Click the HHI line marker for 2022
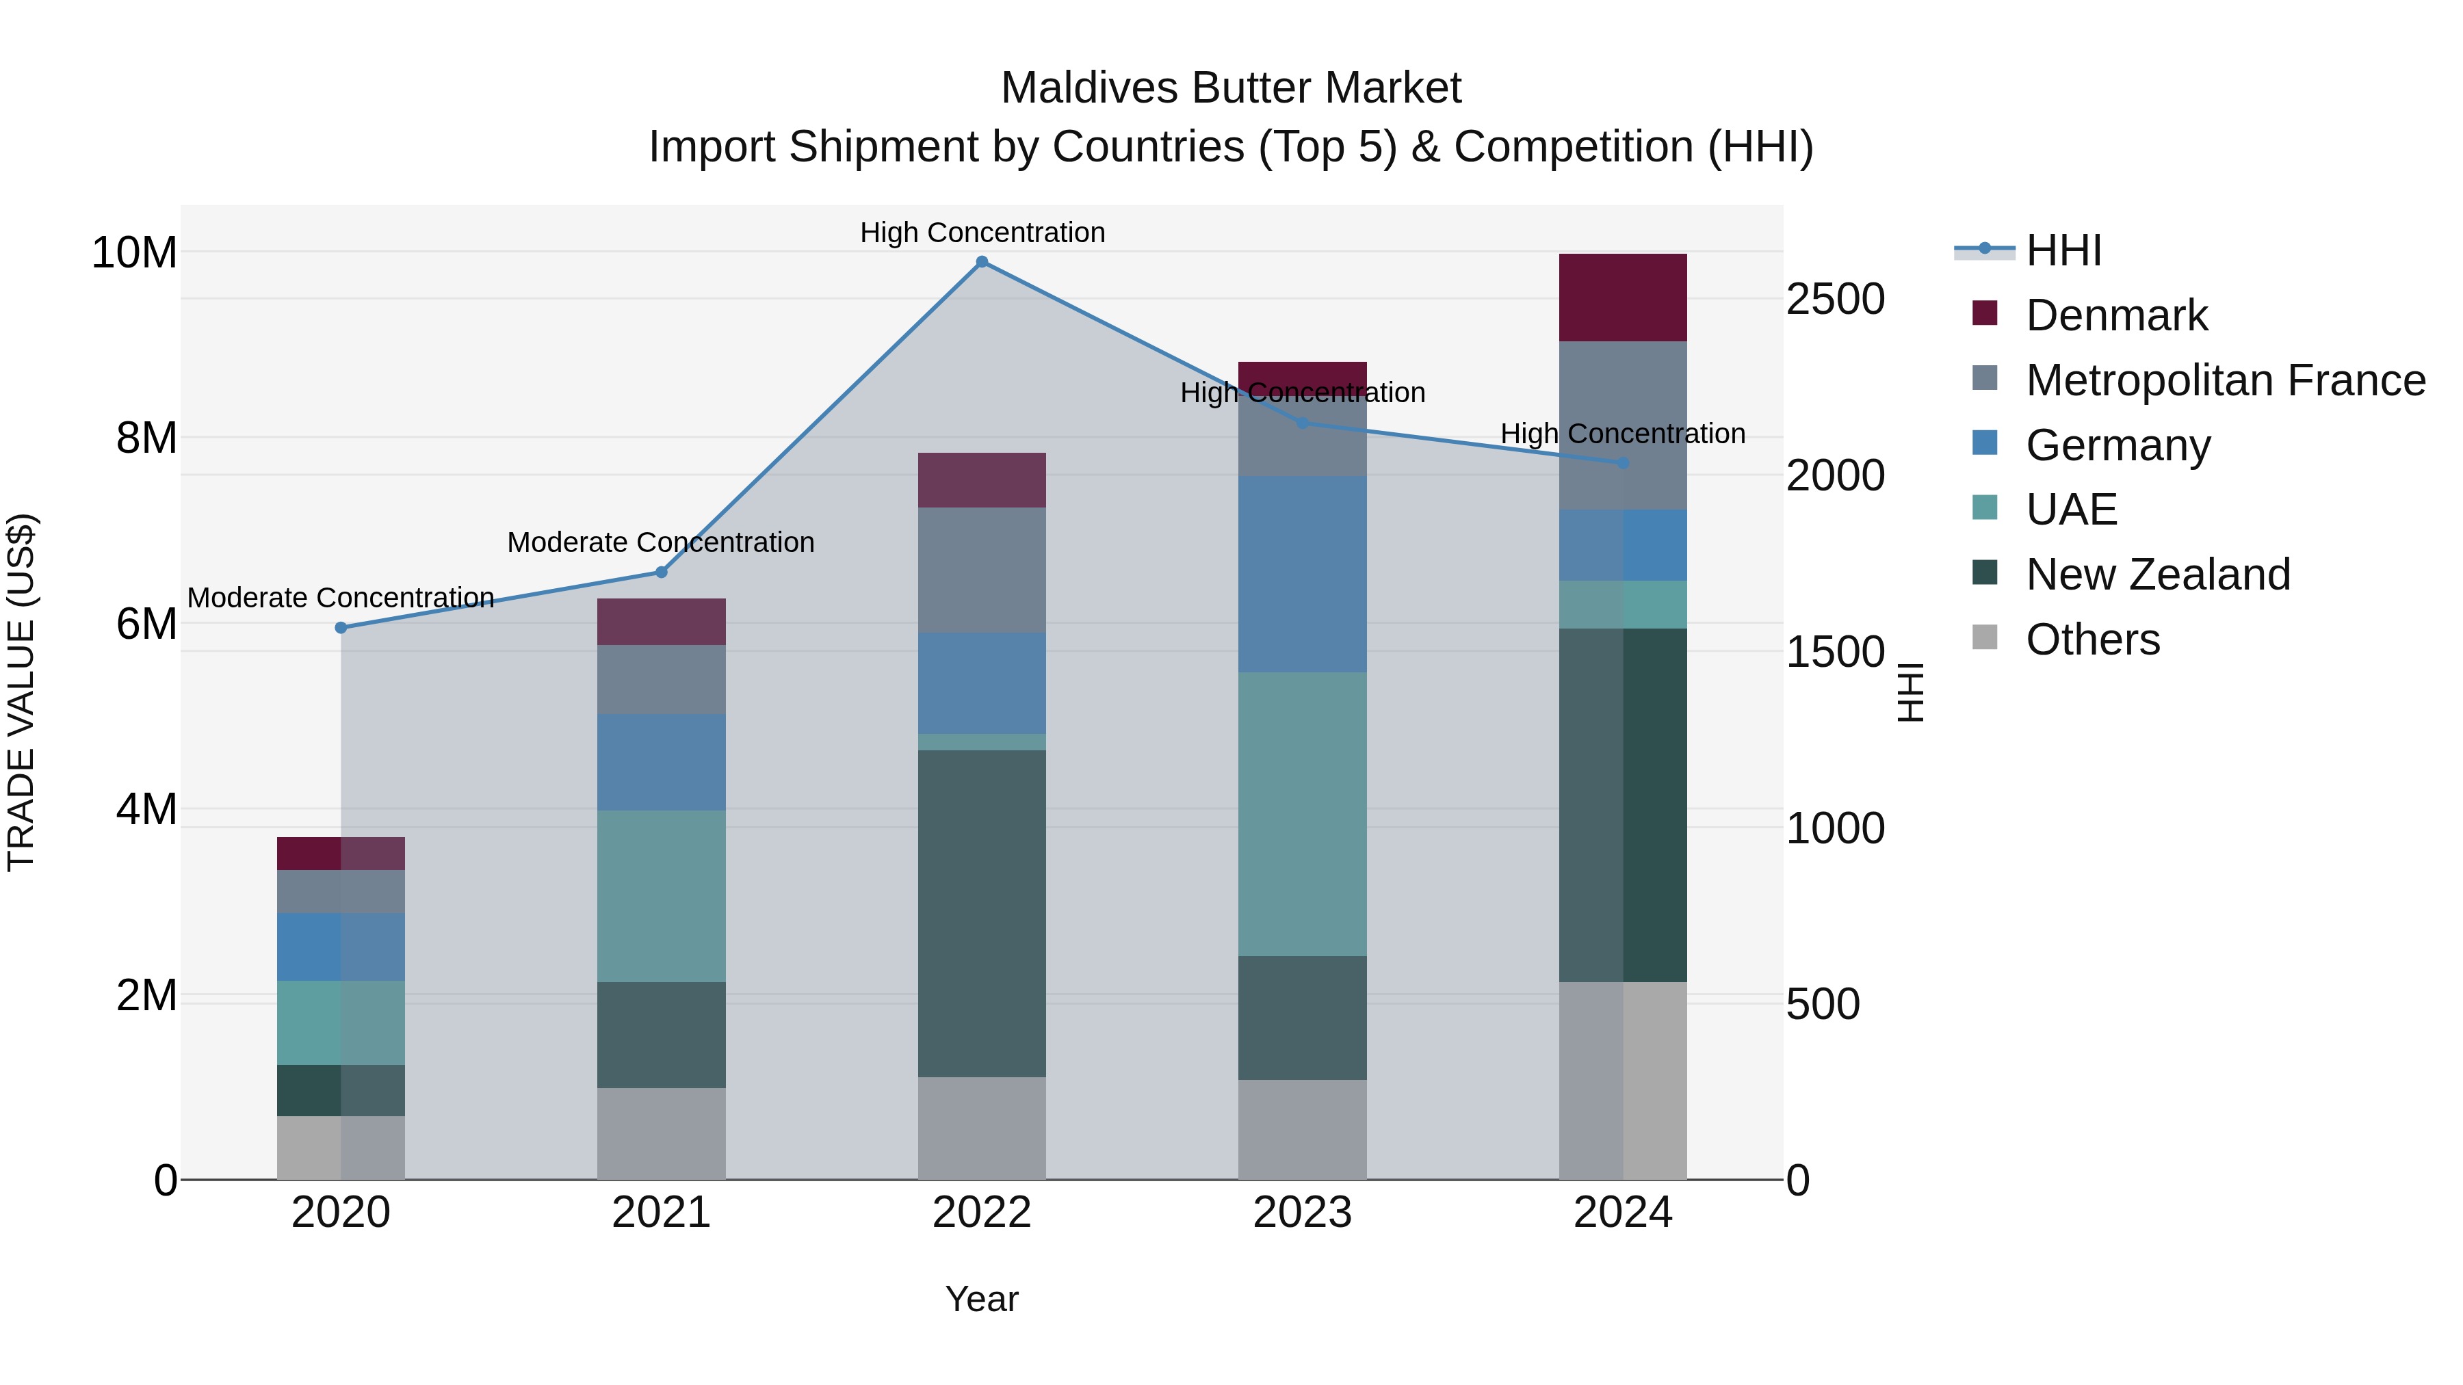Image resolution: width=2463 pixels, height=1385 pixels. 981,262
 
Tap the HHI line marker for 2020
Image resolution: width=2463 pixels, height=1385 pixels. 341,628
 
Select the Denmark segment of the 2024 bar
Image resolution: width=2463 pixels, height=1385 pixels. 1623,298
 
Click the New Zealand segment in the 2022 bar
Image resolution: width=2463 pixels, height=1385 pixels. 981,913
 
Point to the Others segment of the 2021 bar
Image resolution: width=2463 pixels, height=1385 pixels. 661,1133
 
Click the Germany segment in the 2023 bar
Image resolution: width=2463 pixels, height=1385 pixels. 1302,574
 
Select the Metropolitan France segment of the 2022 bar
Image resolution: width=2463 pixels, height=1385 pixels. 981,570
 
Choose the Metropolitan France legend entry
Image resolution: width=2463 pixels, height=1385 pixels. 2225,380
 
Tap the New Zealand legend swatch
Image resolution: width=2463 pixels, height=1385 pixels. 1985,574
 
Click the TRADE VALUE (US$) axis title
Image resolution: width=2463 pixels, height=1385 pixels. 21,692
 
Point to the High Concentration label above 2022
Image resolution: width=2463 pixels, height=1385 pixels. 982,233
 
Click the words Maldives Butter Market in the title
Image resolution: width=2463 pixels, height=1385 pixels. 1231,88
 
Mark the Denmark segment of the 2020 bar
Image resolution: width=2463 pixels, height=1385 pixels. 341,854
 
